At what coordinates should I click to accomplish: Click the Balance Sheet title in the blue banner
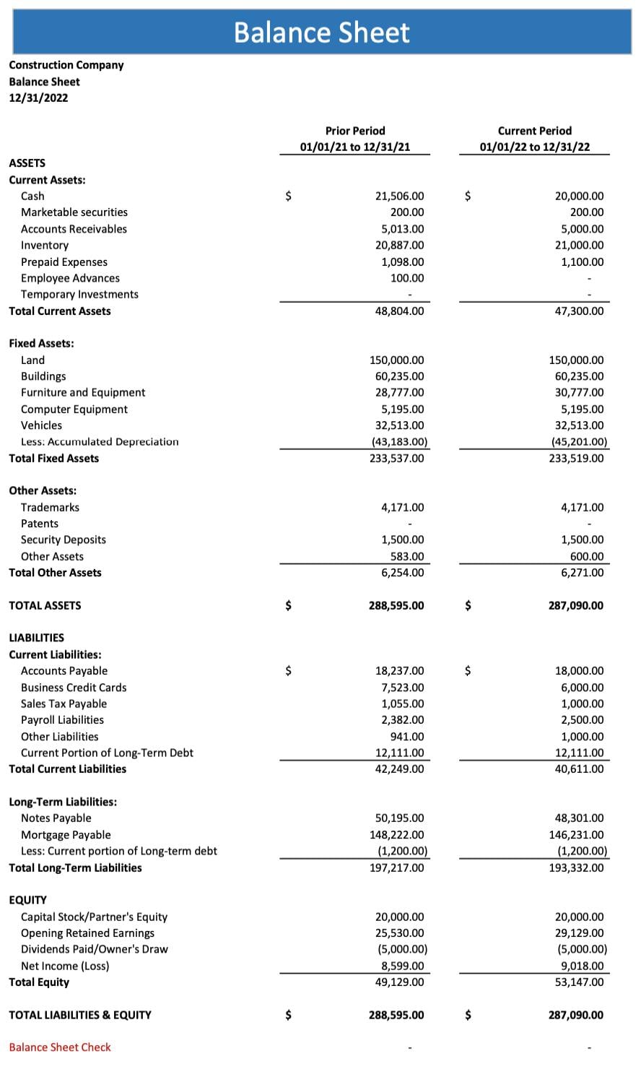[x=321, y=33]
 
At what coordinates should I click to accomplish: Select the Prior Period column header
[x=355, y=131]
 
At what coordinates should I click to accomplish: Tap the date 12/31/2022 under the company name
[x=38, y=98]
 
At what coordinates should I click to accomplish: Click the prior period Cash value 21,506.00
[x=399, y=196]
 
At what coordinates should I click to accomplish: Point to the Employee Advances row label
[x=70, y=278]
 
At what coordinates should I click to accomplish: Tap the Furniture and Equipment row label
[x=83, y=393]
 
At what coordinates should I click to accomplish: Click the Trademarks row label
[x=50, y=508]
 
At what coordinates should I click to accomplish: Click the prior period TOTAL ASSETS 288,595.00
[x=396, y=606]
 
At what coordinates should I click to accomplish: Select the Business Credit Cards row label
[x=74, y=688]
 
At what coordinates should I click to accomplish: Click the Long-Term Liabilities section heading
[x=63, y=802]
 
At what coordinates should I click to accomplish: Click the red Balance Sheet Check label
[x=60, y=1047]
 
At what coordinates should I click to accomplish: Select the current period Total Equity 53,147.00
[x=579, y=982]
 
